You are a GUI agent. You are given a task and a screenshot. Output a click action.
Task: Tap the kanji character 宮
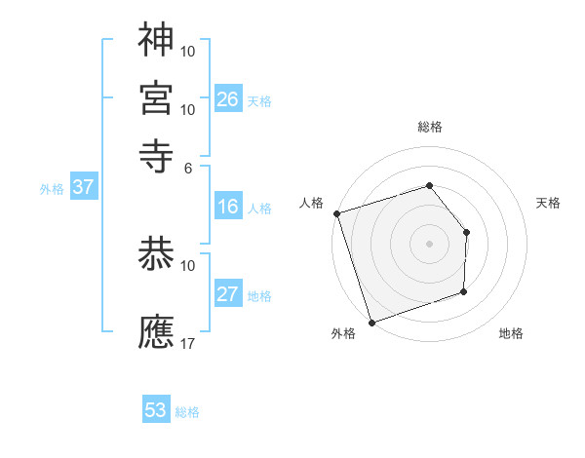pyautogui.click(x=156, y=97)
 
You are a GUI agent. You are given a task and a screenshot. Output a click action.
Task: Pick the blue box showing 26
pyautogui.click(x=228, y=99)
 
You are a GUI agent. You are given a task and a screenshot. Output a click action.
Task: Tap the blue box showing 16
pyautogui.click(x=228, y=207)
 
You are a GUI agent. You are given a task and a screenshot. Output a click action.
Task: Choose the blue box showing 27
pyautogui.click(x=228, y=294)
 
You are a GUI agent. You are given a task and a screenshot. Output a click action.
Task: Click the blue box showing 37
pyautogui.click(x=83, y=187)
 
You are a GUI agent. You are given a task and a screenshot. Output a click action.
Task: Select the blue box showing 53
pyautogui.click(x=156, y=410)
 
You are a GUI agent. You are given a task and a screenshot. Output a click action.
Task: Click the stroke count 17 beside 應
pyautogui.click(x=187, y=344)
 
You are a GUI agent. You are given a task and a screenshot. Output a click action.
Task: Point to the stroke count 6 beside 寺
pyautogui.click(x=188, y=168)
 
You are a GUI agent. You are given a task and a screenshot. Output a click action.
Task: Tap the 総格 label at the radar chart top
pyautogui.click(x=429, y=127)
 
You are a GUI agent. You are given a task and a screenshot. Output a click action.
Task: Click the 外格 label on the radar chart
pyautogui.click(x=343, y=334)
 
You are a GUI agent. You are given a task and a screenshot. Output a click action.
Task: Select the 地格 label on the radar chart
pyautogui.click(x=511, y=334)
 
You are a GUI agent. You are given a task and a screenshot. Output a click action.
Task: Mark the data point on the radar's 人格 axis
pyautogui.click(x=336, y=213)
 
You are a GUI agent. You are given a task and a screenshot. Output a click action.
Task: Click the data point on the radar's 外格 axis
pyautogui.click(x=371, y=322)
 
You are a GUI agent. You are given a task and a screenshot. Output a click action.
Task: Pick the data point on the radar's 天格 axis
pyautogui.click(x=467, y=232)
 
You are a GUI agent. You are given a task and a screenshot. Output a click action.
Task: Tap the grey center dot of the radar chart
pyautogui.click(x=429, y=244)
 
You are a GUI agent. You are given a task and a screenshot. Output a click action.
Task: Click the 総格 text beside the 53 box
pyautogui.click(x=187, y=412)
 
